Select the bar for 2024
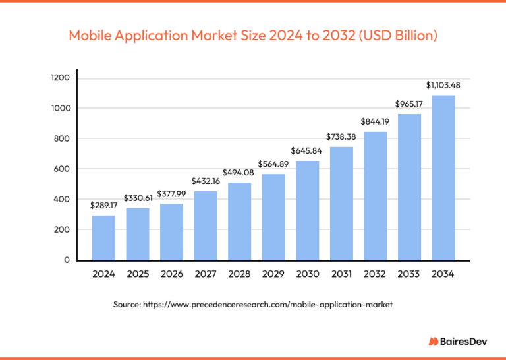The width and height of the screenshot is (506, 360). (x=103, y=238)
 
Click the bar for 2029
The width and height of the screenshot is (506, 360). (x=273, y=217)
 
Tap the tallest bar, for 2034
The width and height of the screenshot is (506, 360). (x=443, y=177)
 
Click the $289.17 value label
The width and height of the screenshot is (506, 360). (x=103, y=206)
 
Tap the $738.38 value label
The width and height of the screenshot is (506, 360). (x=341, y=136)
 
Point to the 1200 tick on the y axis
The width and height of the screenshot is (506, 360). (x=61, y=78)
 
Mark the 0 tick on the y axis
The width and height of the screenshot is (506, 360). (x=67, y=260)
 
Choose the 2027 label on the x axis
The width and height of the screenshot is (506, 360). (x=206, y=275)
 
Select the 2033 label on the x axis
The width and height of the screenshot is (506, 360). (x=409, y=275)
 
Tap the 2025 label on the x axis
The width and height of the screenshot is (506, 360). (x=138, y=275)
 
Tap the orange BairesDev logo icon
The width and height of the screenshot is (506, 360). (x=434, y=341)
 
